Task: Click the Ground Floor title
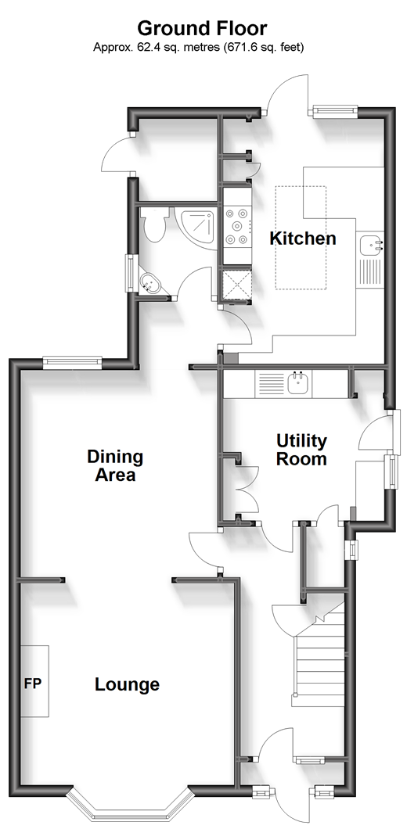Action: [202, 27]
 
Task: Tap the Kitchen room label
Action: [303, 239]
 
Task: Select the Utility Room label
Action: [301, 450]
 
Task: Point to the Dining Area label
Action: [115, 465]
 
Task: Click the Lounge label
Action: [127, 684]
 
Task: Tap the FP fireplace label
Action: [32, 683]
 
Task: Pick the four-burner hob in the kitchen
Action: [236, 227]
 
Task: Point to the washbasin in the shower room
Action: [150, 283]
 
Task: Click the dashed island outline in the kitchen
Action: [301, 238]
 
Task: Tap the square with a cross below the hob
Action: [235, 285]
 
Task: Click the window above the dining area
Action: [71, 361]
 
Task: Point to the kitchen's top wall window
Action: [334, 110]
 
